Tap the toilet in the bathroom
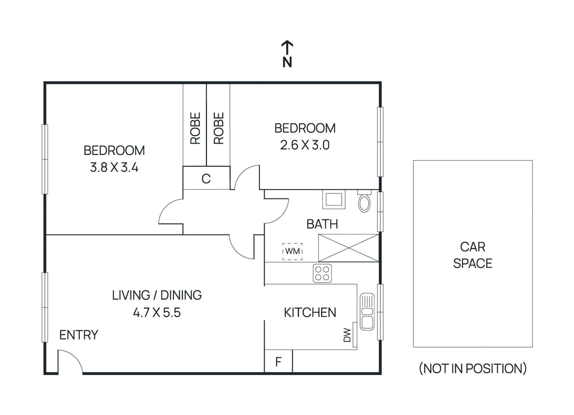pyautogui.click(x=364, y=202)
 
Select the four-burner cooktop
pyautogui.click(x=322, y=274)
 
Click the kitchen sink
pyautogui.click(x=367, y=312)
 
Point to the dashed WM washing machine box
pyautogui.click(x=292, y=251)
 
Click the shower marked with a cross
pyautogui.click(x=348, y=248)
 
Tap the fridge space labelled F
pyautogui.click(x=278, y=362)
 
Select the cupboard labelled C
pyautogui.click(x=206, y=178)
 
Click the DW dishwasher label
pyautogui.click(x=347, y=335)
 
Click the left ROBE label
pyautogui.click(x=195, y=128)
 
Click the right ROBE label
pyautogui.click(x=218, y=128)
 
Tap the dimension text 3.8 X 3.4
pyautogui.click(x=114, y=168)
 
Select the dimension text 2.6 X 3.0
pyautogui.click(x=305, y=145)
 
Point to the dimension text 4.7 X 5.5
pyautogui.click(x=157, y=312)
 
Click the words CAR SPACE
pyautogui.click(x=472, y=255)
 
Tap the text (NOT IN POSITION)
pyautogui.click(x=472, y=368)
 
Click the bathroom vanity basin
pyautogui.click(x=334, y=199)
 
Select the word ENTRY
pyautogui.click(x=79, y=335)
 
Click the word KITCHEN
pyautogui.click(x=310, y=312)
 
